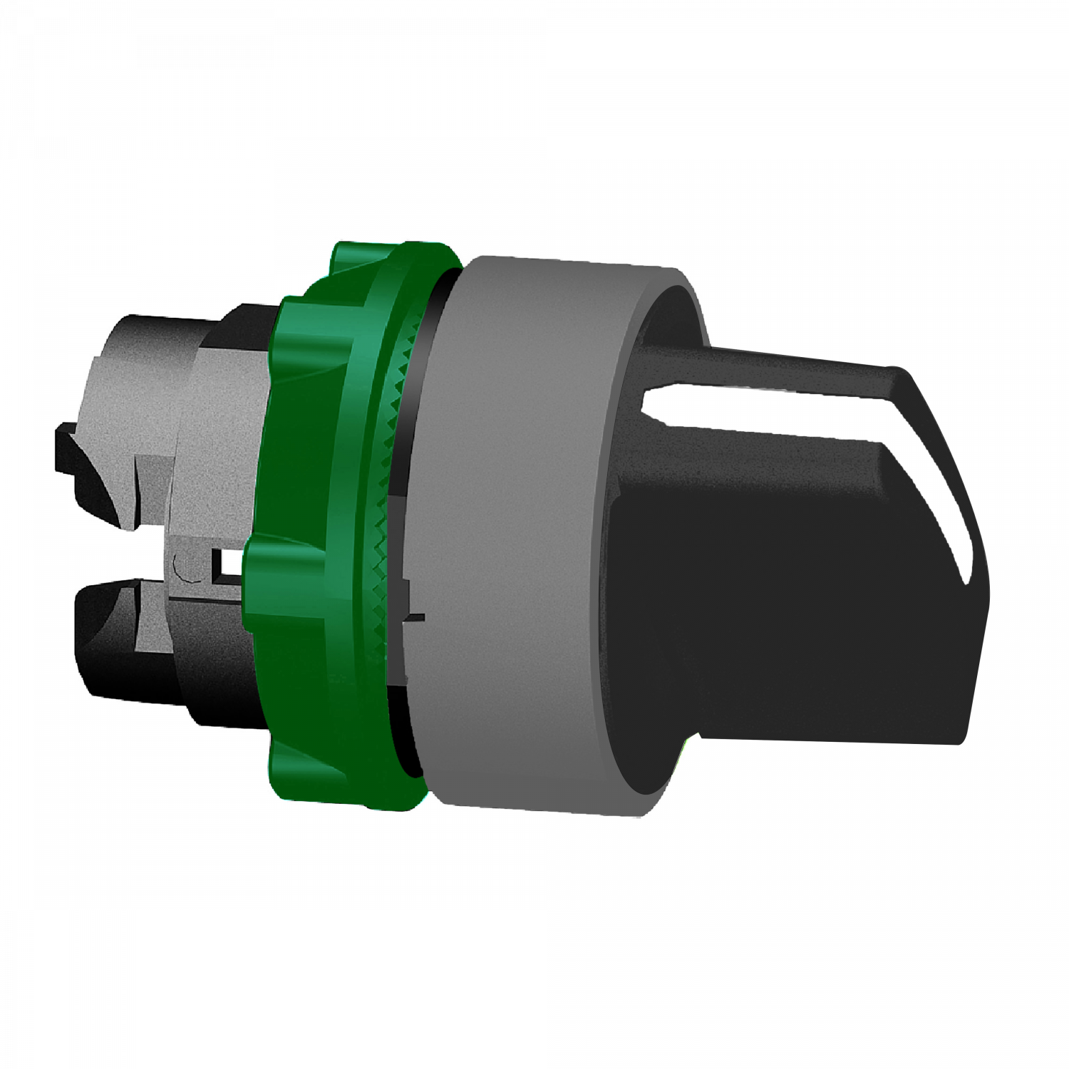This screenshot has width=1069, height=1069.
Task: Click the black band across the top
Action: (534, 78)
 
